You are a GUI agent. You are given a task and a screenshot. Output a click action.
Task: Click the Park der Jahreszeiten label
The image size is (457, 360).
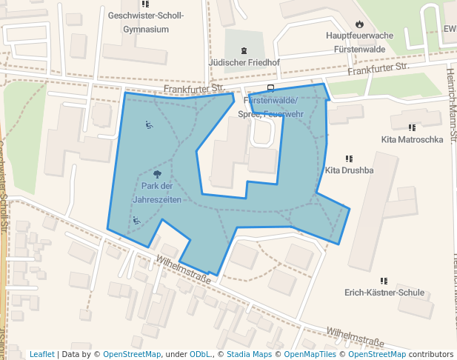point(156,193)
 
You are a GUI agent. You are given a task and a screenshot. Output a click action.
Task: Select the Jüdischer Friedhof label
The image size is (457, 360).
point(244,63)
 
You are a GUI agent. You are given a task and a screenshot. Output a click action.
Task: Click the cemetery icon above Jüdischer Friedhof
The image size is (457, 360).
point(244,50)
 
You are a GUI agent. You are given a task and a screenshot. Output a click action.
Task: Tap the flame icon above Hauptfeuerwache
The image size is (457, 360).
point(360,24)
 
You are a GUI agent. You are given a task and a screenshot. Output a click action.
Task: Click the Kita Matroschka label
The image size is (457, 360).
point(412,139)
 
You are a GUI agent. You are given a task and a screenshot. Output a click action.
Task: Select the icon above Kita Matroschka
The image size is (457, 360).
point(412,127)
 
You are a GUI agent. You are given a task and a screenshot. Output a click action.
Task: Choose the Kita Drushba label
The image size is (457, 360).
point(350,170)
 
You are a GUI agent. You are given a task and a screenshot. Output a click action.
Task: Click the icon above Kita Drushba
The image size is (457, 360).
point(349,158)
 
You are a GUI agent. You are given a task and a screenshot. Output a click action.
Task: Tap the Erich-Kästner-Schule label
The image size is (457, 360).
point(384,293)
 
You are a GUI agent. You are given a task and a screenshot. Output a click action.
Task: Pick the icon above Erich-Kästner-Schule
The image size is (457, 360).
point(384,281)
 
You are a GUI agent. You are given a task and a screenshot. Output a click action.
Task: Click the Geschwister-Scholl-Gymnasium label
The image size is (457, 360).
point(145,22)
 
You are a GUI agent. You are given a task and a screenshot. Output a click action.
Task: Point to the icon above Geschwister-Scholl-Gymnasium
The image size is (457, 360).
point(145,4)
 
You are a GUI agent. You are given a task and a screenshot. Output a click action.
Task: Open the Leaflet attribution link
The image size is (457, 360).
point(42,354)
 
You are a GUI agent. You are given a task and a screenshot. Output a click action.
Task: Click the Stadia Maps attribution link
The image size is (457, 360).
point(249,354)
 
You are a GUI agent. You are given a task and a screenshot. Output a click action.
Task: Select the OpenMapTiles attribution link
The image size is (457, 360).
point(306,354)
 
